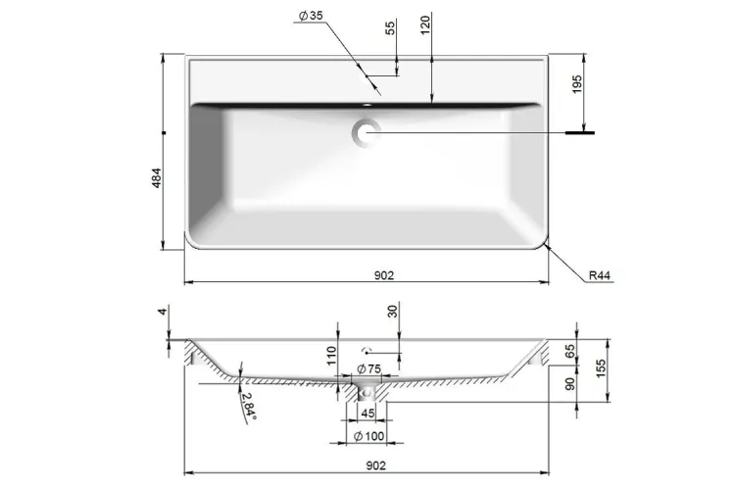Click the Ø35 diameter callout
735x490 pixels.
[x=311, y=16]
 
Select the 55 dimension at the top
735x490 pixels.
[x=390, y=28]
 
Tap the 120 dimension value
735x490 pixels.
[x=425, y=25]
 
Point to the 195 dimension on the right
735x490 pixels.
[x=577, y=84]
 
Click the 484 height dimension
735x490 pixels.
[x=157, y=178]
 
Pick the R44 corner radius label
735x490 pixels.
[x=600, y=275]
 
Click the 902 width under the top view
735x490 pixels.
[x=384, y=275]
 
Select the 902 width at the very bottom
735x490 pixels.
[x=376, y=465]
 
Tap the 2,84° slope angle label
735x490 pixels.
[x=249, y=405]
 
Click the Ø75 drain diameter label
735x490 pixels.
[x=368, y=368]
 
